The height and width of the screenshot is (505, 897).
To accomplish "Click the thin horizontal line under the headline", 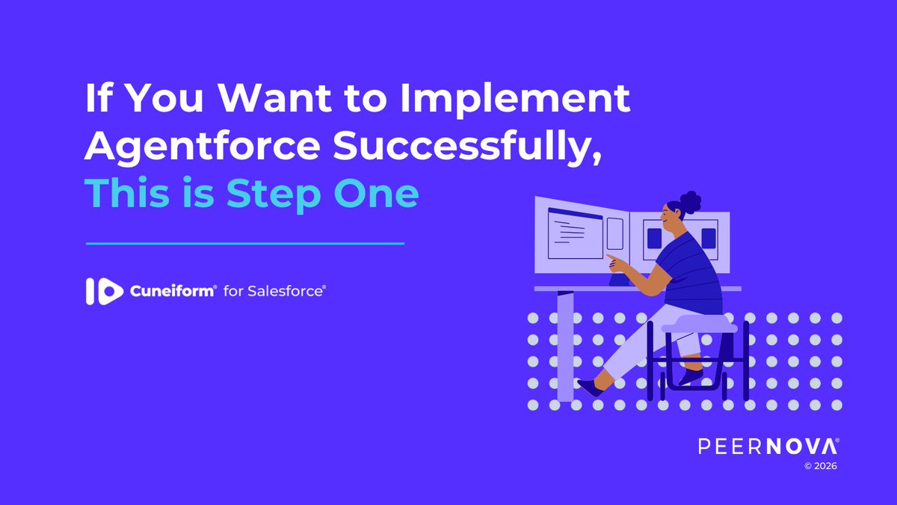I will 245,242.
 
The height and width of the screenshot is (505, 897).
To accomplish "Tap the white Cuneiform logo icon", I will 104,291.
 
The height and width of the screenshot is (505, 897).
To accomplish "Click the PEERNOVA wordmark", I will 768,447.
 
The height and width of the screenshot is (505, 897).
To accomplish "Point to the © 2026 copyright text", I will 820,466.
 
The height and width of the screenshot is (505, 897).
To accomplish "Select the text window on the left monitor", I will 575,233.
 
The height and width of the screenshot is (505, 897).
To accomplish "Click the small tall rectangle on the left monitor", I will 615,233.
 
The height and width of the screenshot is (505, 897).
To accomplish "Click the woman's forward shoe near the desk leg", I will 589,387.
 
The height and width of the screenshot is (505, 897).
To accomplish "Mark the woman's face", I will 671,221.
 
